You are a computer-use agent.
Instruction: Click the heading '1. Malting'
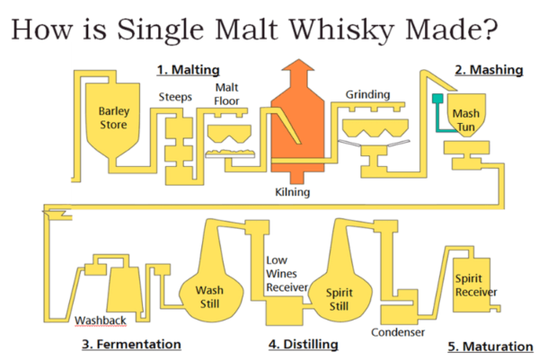[187, 69]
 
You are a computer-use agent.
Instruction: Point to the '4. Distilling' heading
[303, 344]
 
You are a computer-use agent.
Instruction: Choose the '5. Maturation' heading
[490, 346]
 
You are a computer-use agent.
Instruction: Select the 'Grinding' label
[367, 93]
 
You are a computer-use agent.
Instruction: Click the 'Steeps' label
[175, 96]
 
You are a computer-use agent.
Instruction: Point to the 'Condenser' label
[398, 333]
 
